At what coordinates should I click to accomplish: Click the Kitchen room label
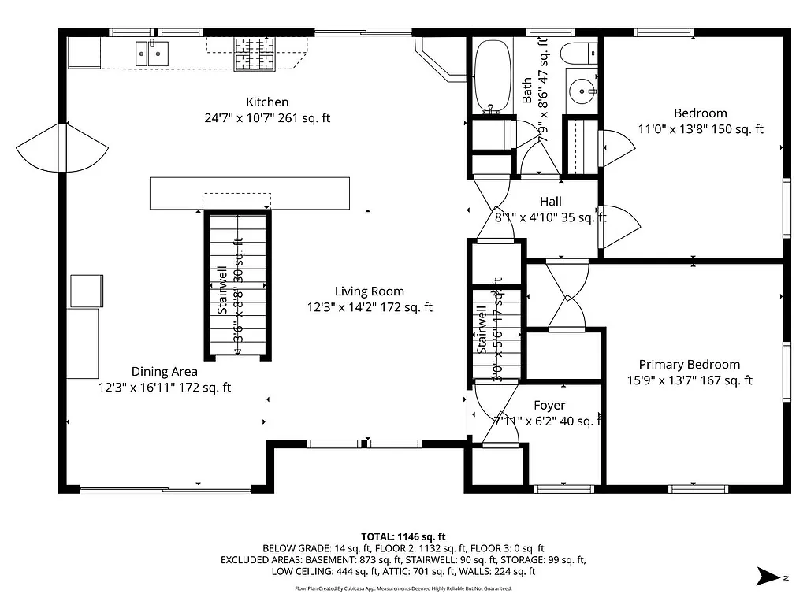(x=267, y=102)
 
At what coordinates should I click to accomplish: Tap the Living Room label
(x=369, y=291)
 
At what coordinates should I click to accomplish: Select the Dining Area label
(x=164, y=372)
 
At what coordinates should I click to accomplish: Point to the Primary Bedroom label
(x=689, y=365)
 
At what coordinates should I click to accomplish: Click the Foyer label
(x=549, y=406)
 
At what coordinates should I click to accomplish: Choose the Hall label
(x=550, y=202)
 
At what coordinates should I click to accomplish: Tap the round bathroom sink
(x=584, y=91)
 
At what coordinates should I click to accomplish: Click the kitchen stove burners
(x=255, y=54)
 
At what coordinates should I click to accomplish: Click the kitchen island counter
(x=249, y=193)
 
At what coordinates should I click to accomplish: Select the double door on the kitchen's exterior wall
(x=61, y=147)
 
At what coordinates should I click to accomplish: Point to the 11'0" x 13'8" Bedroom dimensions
(x=700, y=129)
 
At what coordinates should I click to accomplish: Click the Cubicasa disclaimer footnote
(x=403, y=588)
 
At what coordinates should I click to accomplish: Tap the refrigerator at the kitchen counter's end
(x=84, y=53)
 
